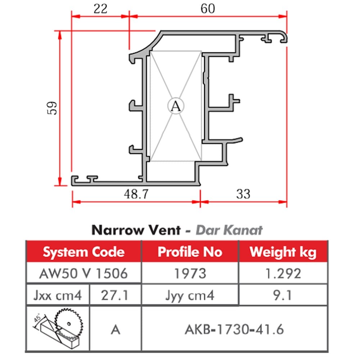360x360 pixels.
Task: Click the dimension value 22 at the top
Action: click(x=100, y=8)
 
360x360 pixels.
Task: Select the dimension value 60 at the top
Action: click(x=208, y=8)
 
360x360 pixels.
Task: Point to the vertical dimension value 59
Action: click(x=52, y=108)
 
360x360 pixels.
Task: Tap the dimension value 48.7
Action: click(x=136, y=194)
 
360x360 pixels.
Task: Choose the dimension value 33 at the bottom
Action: click(x=243, y=194)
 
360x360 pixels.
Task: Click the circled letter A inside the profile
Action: click(x=176, y=106)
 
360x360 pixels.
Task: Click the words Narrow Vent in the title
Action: click(x=136, y=230)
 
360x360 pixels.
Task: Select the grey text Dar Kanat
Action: click(x=229, y=230)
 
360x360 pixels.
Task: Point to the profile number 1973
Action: click(x=190, y=273)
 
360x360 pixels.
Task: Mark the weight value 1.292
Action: click(x=283, y=273)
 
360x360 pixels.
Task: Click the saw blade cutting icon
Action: click(x=58, y=328)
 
